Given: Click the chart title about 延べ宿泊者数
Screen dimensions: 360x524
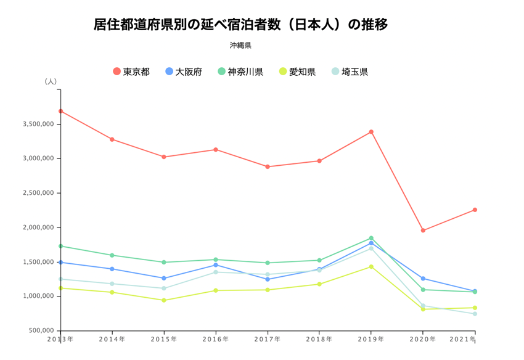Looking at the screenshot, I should click(240, 25).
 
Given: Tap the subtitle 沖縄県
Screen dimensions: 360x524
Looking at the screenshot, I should click(240, 45).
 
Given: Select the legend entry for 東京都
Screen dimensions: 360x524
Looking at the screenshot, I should click(131, 72).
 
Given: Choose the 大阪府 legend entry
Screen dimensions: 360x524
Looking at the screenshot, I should click(184, 72).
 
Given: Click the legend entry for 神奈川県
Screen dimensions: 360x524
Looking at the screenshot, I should click(240, 72).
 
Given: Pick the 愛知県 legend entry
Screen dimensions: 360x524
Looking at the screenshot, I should click(297, 72).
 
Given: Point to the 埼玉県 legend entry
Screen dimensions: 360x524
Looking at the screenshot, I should click(350, 72).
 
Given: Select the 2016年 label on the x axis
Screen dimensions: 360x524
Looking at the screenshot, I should click(216, 339).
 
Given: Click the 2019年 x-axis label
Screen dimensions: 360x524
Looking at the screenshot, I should click(371, 339).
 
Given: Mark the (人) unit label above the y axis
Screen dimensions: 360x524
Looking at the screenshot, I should click(51, 81).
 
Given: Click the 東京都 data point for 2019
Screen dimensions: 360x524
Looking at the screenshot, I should click(371, 132).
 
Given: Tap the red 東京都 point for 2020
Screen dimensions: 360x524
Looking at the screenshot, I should click(423, 231).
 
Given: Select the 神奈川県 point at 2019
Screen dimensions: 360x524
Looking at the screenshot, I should click(371, 238).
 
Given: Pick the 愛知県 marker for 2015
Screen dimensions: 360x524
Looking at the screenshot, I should click(164, 300).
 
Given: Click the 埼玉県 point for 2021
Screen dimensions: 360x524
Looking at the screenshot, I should click(475, 314).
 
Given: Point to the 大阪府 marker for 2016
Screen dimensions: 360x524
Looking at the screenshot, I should click(216, 265).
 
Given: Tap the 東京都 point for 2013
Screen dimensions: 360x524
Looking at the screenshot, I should click(60, 111).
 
